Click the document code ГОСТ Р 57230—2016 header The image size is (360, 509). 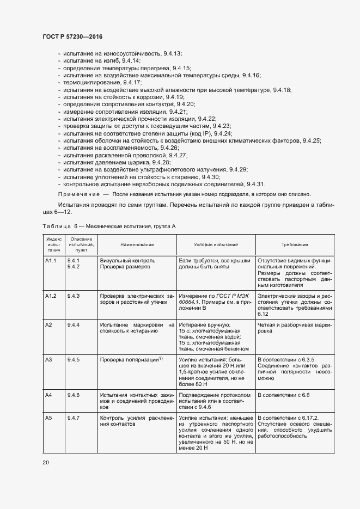(72, 36)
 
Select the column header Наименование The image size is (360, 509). (137, 246)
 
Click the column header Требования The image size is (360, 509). (295, 246)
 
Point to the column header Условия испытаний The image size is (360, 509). (216, 246)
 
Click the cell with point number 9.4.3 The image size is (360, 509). (74, 296)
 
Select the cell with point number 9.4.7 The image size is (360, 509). (74, 418)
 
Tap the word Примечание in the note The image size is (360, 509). (78, 194)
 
